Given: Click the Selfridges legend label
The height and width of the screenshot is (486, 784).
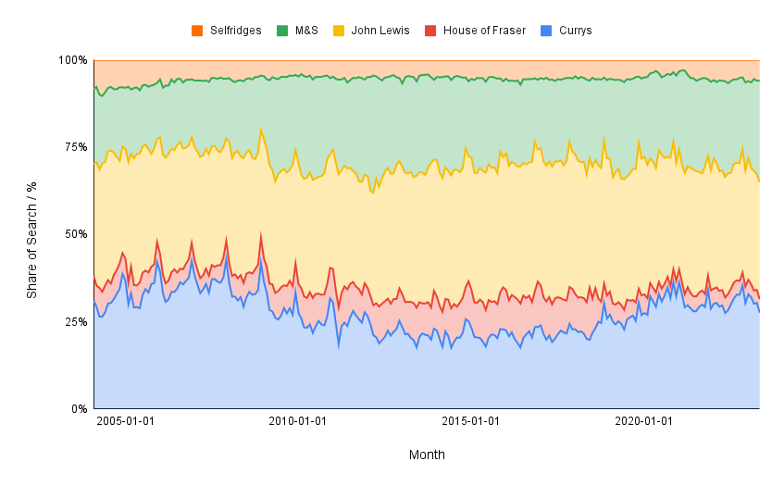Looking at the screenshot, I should pyautogui.click(x=236, y=31).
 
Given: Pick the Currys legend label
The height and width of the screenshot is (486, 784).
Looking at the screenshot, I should pyautogui.click(x=575, y=31).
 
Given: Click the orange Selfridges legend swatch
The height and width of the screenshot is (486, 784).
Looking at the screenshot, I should pyautogui.click(x=197, y=31).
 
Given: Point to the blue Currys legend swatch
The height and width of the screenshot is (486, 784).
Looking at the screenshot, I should pyautogui.click(x=548, y=31).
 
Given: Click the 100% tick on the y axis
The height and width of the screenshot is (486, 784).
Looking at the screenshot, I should pyautogui.click(x=72, y=60).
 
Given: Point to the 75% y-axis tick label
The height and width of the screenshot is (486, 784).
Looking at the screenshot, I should pyautogui.click(x=75, y=147).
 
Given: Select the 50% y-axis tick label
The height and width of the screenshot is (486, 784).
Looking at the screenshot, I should pyautogui.click(x=75, y=234).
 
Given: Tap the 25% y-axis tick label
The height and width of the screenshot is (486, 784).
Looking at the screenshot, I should pyautogui.click(x=75, y=321).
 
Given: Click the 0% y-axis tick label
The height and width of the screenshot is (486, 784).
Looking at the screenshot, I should pyautogui.click(x=79, y=408).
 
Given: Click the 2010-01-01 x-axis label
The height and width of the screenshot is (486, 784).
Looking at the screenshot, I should pyautogui.click(x=297, y=422).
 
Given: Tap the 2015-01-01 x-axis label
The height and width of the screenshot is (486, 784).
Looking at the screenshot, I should pyautogui.click(x=471, y=422).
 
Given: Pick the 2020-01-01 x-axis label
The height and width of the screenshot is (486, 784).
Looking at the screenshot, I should pyautogui.click(x=644, y=422).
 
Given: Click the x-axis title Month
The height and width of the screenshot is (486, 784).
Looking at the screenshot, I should pyautogui.click(x=427, y=455).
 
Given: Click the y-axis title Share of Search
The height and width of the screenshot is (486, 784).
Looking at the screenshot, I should pyautogui.click(x=31, y=234).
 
